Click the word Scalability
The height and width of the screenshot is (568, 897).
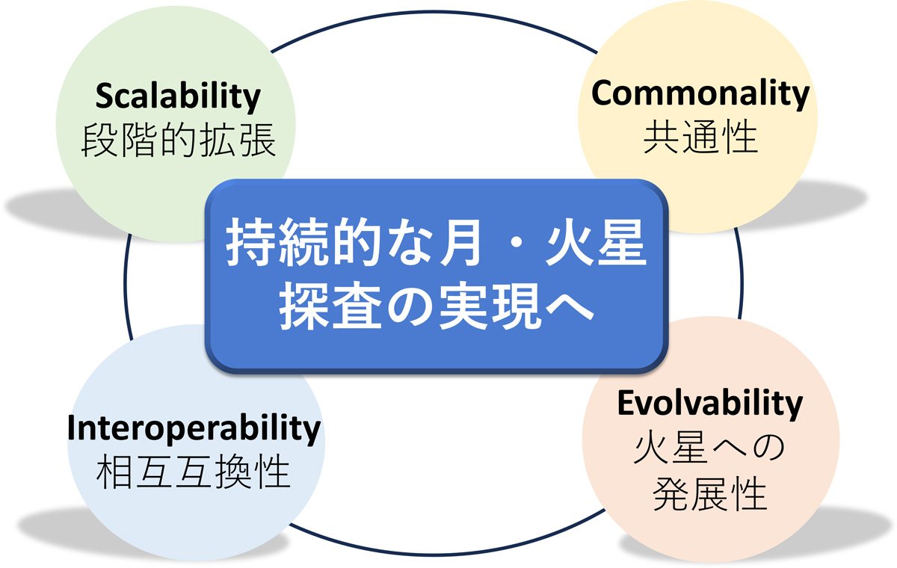click(178, 97)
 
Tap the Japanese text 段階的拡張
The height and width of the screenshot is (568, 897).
click(178, 140)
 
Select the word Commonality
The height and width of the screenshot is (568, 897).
click(700, 93)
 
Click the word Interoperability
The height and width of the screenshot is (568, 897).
click(194, 429)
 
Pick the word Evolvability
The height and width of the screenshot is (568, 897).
click(709, 404)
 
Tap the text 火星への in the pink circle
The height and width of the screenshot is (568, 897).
click(709, 448)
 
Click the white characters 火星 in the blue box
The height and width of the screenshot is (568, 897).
click(596, 243)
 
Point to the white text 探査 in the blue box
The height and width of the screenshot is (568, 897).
click(330, 306)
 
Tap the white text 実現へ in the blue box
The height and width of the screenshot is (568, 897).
click(517, 306)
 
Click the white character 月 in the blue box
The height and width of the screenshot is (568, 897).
click(460, 243)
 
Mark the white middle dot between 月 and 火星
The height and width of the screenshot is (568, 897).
click(513, 244)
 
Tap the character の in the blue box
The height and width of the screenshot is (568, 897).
click(409, 307)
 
